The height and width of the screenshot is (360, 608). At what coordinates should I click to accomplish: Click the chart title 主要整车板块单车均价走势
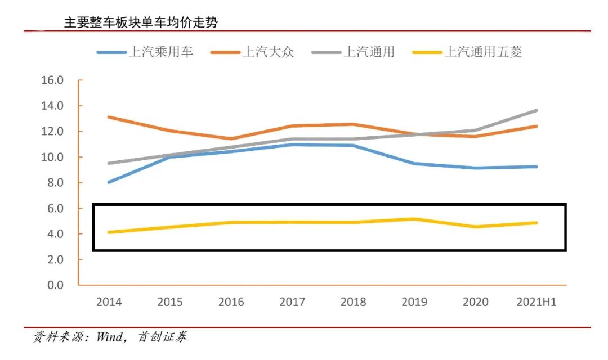pos(141,22)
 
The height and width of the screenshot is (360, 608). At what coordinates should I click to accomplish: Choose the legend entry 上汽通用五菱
pos(484,52)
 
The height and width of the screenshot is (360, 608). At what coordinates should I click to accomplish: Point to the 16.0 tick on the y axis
pos(52,80)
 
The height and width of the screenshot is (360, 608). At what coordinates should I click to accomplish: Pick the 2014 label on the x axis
pos(109,303)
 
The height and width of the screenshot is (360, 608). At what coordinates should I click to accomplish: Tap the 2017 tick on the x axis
pos(292,303)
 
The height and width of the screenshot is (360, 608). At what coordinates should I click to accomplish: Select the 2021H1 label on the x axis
pos(536,303)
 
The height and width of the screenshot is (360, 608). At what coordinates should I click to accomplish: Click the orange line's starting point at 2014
pos(109,117)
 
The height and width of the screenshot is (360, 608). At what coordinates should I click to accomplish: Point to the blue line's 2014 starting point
pos(109,182)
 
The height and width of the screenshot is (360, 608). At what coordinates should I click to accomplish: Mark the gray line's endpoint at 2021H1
pos(536,111)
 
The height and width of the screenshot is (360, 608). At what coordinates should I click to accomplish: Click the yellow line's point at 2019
pos(414,219)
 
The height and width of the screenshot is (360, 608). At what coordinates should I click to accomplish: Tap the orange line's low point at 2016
pos(231,139)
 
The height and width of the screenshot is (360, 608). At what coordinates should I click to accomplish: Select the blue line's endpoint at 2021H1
pos(536,166)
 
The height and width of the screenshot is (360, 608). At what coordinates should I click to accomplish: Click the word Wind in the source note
pos(109,337)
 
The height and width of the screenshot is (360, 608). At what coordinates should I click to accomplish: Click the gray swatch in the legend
pos(325,52)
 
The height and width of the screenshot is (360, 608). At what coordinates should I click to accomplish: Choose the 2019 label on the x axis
pos(414,303)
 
